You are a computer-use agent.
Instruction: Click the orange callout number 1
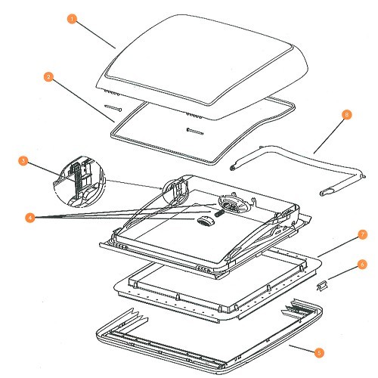pyautogui.click(x=72, y=19)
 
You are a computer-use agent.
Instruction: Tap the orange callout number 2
pyautogui.click(x=48, y=76)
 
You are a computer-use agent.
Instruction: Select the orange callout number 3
pyautogui.click(x=23, y=161)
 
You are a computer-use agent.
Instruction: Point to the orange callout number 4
pyautogui.click(x=30, y=218)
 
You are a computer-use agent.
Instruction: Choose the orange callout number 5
pyautogui.click(x=319, y=352)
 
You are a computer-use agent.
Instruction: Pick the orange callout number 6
pyautogui.click(x=362, y=265)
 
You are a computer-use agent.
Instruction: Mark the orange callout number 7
pyautogui.click(x=363, y=234)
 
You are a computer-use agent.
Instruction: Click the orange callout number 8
pyautogui.click(x=347, y=115)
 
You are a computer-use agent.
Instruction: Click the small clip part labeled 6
pyautogui.click(x=322, y=286)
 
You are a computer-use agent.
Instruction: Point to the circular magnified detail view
pyautogui.click(x=79, y=182)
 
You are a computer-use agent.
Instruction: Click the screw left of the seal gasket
pyautogui.click(x=113, y=108)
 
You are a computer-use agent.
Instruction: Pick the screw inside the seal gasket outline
pyautogui.click(x=194, y=132)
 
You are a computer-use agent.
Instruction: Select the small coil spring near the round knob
pyautogui.click(x=219, y=213)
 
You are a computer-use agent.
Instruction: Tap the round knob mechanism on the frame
pyautogui.click(x=230, y=203)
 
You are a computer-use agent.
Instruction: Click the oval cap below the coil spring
pyautogui.click(x=205, y=222)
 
